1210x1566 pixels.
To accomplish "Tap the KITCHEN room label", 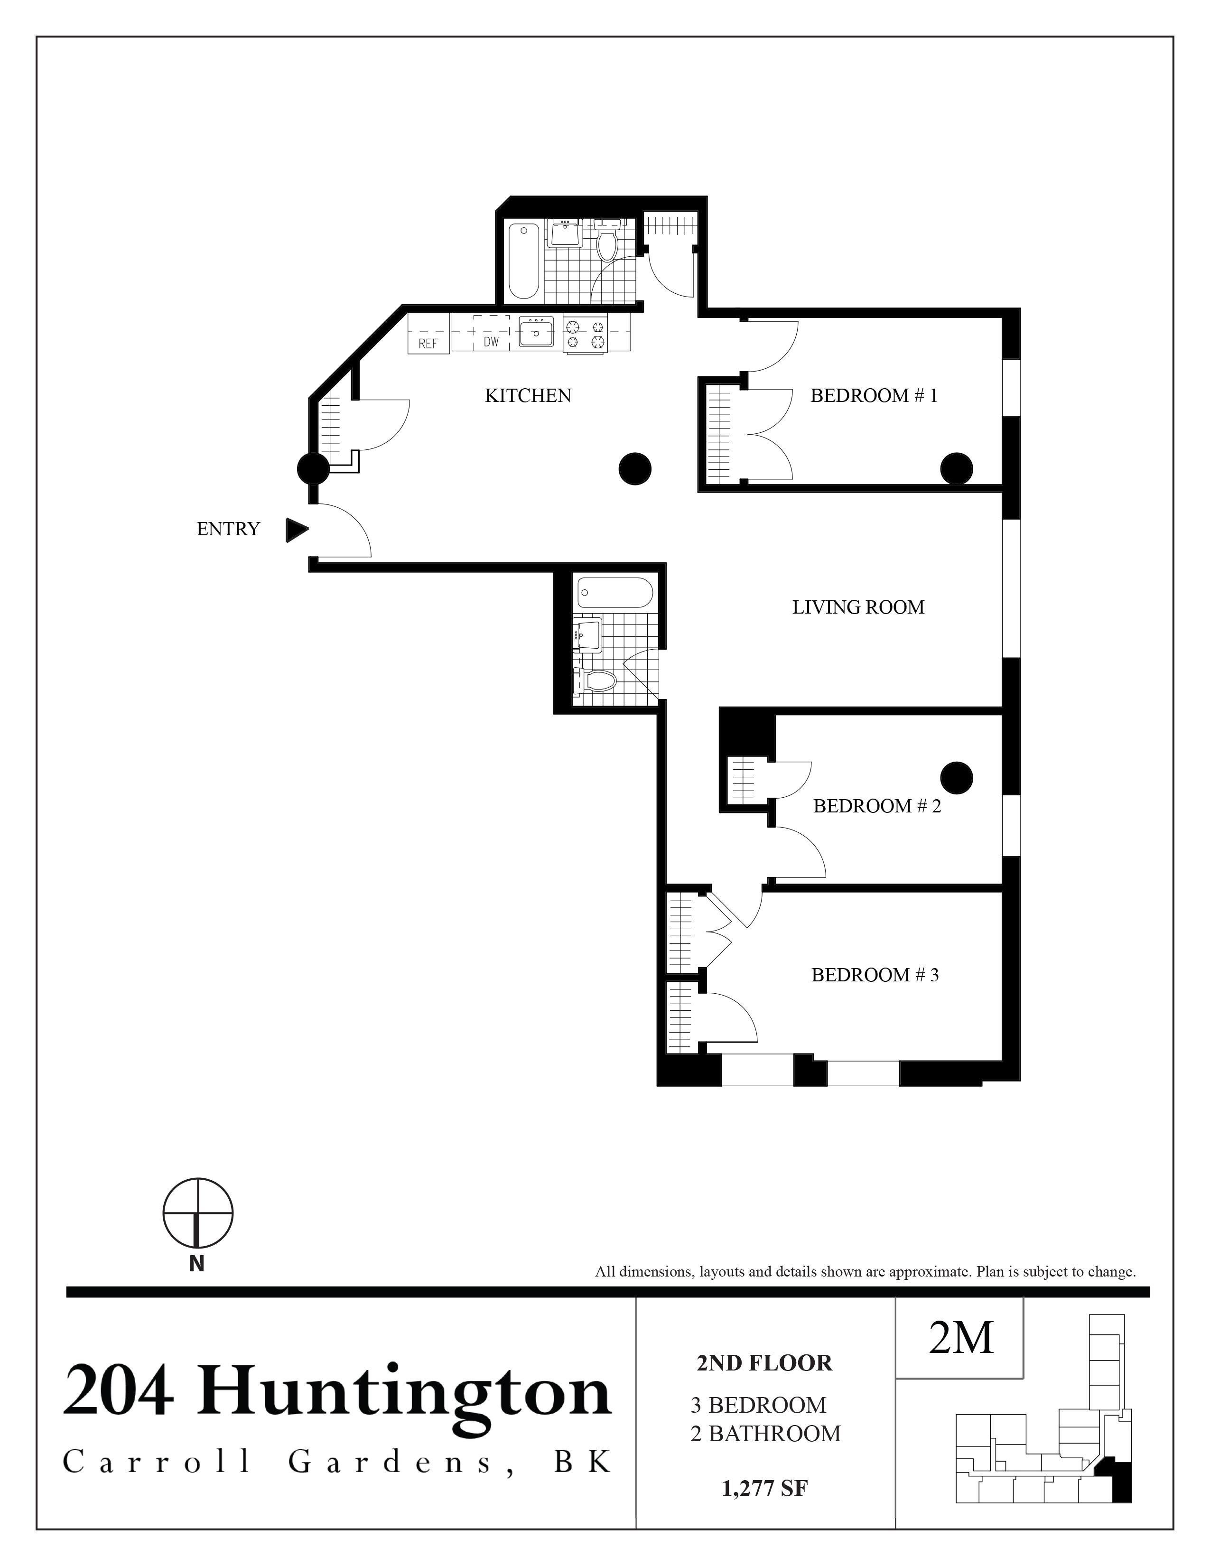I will [528, 396].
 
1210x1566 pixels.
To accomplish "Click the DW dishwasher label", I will [491, 342].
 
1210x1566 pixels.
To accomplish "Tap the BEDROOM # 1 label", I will [873, 396].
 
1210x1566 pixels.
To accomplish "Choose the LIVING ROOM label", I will [858, 607].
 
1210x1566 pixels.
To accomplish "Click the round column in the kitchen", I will [634, 469].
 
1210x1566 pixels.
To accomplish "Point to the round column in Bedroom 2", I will [956, 776].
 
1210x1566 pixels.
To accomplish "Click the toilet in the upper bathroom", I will [607, 242].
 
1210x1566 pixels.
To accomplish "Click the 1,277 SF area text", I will [765, 1489].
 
